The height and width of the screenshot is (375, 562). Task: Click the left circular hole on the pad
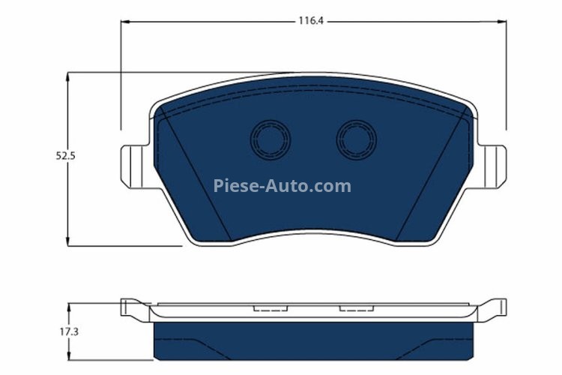point(270,139)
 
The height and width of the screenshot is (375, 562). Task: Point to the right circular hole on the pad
point(356,139)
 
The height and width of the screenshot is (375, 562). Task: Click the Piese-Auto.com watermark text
point(282,185)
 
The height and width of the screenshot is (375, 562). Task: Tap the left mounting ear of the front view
point(133,166)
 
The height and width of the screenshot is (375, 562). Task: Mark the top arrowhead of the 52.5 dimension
point(68,76)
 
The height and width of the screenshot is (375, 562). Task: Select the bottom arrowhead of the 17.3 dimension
point(68,356)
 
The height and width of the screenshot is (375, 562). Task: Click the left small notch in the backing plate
point(267,307)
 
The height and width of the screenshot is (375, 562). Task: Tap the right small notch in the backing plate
point(352,307)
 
